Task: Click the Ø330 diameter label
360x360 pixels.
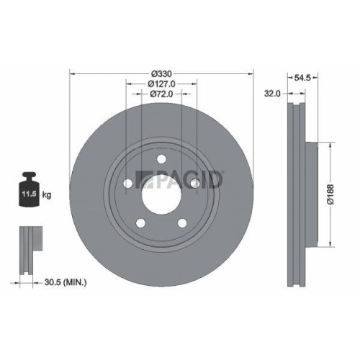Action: (x=162, y=74)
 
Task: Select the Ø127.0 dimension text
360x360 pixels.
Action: (x=162, y=84)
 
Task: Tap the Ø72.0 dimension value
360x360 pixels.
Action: (x=162, y=95)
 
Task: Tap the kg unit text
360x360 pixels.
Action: (x=48, y=194)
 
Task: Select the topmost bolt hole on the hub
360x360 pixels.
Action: (x=162, y=158)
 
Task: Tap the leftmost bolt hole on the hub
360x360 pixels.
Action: (x=129, y=183)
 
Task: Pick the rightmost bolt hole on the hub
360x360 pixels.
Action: (x=194, y=183)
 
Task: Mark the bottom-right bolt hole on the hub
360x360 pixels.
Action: (x=182, y=222)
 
